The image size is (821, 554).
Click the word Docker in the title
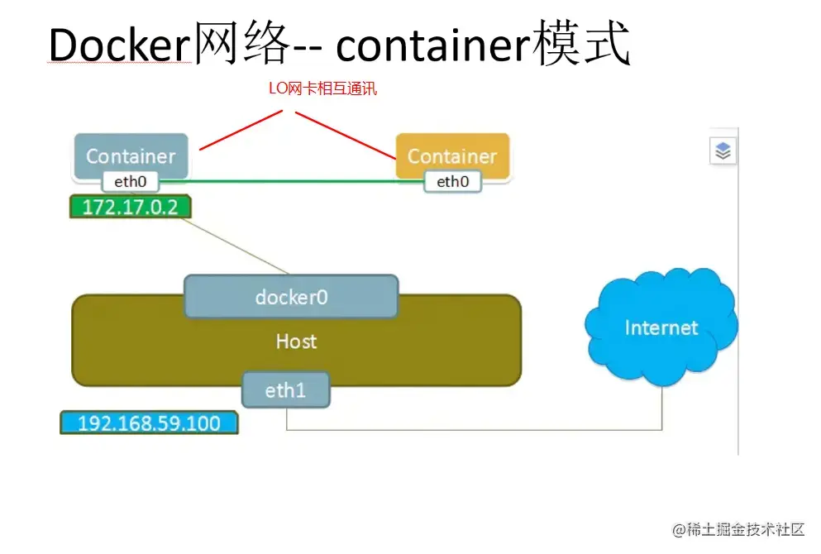(119, 45)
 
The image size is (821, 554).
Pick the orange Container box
(452, 155)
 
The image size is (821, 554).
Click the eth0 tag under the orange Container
(452, 182)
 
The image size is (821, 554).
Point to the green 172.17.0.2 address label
(130, 207)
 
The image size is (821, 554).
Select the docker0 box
(291, 297)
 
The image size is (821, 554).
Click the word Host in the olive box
(296, 341)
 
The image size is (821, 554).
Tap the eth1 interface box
(285, 389)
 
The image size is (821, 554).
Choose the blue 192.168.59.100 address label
(149, 423)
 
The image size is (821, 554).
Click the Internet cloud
(661, 327)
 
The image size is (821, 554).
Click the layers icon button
(723, 151)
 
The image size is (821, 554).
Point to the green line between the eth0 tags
(289, 180)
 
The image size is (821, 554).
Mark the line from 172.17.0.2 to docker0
(240, 246)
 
